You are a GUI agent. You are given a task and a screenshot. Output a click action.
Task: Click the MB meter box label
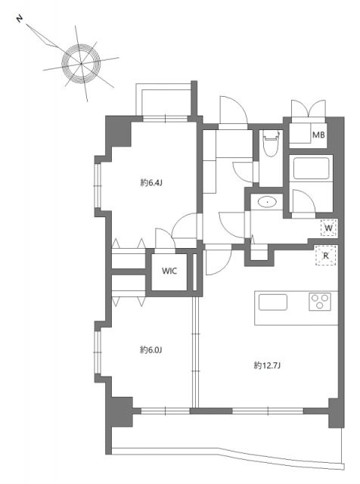(318, 135)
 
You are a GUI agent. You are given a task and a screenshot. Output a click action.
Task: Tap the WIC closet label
(169, 271)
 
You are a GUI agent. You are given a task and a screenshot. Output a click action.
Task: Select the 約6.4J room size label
(151, 183)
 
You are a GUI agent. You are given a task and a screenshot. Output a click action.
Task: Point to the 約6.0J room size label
(151, 350)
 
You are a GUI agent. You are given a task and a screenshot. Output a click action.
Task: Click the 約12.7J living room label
(267, 365)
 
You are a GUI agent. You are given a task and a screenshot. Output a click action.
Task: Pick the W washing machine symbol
(328, 228)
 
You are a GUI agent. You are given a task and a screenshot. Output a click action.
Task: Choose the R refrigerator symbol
(325, 256)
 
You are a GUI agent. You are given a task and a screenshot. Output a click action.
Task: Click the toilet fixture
(271, 143)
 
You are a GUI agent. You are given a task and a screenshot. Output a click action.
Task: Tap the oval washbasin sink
(267, 203)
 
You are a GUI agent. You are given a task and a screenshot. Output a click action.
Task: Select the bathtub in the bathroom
(311, 169)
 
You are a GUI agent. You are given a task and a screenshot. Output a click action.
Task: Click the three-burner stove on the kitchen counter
(320, 302)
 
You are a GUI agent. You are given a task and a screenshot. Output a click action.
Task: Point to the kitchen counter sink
(273, 302)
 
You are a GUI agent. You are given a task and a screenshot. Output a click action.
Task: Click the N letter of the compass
(20, 19)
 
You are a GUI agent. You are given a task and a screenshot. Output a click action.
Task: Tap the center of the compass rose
(81, 64)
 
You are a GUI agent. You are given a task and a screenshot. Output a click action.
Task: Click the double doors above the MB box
(309, 108)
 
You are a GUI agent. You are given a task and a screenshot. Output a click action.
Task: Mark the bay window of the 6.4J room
(98, 185)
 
